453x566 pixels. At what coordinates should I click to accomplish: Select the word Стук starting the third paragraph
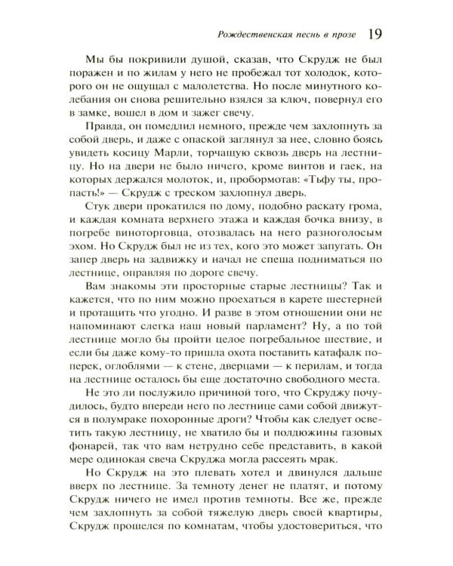[103, 229]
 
